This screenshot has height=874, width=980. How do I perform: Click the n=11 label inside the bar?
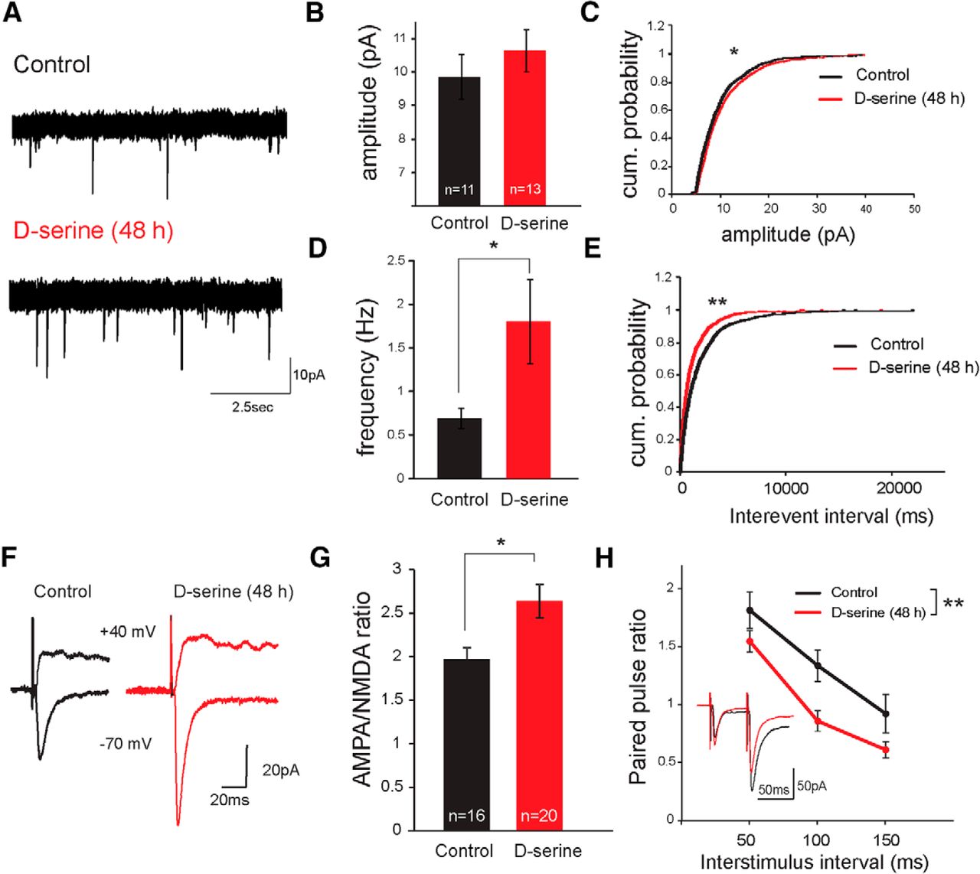pos(459,189)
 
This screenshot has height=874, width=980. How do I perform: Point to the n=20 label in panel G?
pos(539,816)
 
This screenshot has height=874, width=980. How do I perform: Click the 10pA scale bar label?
pos(309,375)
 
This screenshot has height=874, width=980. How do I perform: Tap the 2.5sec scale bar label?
pos(253,407)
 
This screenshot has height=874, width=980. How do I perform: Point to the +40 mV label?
pos(127,631)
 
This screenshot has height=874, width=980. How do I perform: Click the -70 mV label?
pos(126,743)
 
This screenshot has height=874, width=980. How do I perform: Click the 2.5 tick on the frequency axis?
pos(396,261)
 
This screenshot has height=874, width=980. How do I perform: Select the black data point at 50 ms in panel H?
pos(750,611)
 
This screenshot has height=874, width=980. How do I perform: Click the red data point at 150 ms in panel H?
pos(886,750)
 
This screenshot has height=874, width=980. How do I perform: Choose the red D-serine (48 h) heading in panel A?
pos(93,230)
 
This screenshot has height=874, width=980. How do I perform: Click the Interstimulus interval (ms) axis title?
pos(814,863)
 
